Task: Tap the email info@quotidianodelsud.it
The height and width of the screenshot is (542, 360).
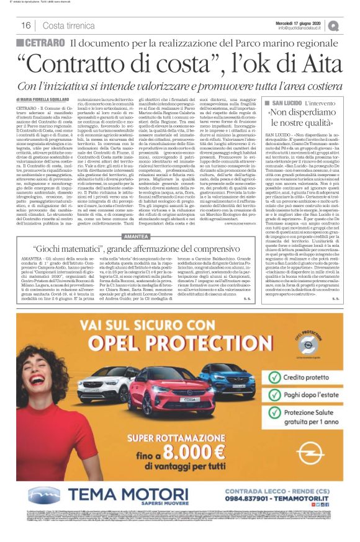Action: pyautogui.click(x=304, y=28)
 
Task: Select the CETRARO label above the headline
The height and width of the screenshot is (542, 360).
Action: pyautogui.click(x=45, y=43)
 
